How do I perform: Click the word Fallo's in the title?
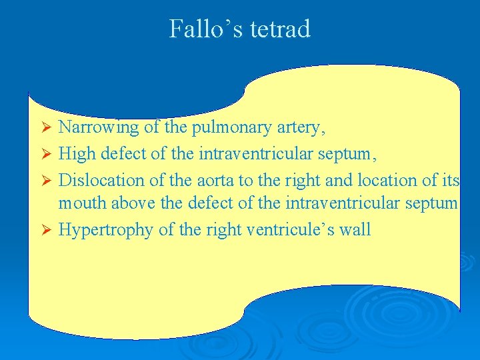coord(203,29)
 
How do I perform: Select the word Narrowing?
coord(98,127)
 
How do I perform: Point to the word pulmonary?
coord(222,127)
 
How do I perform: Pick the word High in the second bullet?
coord(77,154)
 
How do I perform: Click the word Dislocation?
coord(101,180)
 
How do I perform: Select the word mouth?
coord(80,203)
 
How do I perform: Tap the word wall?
coord(355,229)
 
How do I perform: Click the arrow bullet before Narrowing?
coord(46,127)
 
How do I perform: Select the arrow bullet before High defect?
coord(46,154)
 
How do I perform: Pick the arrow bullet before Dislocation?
coord(46,180)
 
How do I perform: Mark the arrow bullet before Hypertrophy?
coord(46,230)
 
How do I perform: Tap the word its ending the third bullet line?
coord(450,180)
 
